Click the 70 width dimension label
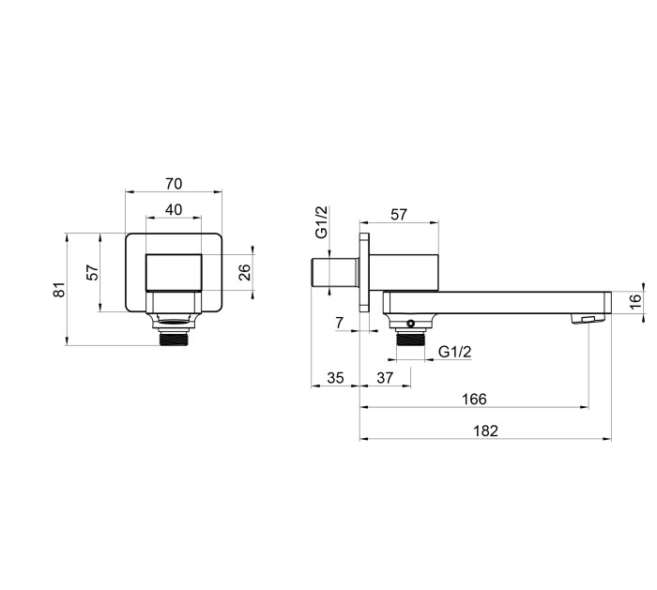174,184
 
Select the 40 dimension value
174,210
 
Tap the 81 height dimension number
59,290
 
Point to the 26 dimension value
244,273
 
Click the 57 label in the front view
93,273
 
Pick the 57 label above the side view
399,215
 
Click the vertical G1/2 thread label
322,222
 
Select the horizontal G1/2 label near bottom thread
454,352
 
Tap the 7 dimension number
340,323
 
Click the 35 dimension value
335,378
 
